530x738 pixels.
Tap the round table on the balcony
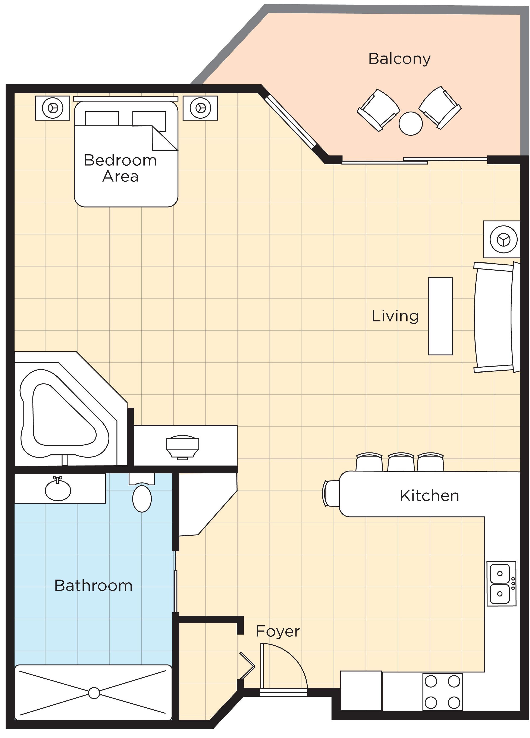click(x=410, y=123)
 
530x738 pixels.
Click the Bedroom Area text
click(x=120, y=168)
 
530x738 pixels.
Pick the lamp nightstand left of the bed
click(x=52, y=108)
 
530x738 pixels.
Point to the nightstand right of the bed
click(x=200, y=108)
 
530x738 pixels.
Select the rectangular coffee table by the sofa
click(x=440, y=316)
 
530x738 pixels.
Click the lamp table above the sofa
click(x=501, y=240)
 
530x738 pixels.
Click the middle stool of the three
click(x=401, y=461)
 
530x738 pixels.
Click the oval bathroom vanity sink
click(x=58, y=490)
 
